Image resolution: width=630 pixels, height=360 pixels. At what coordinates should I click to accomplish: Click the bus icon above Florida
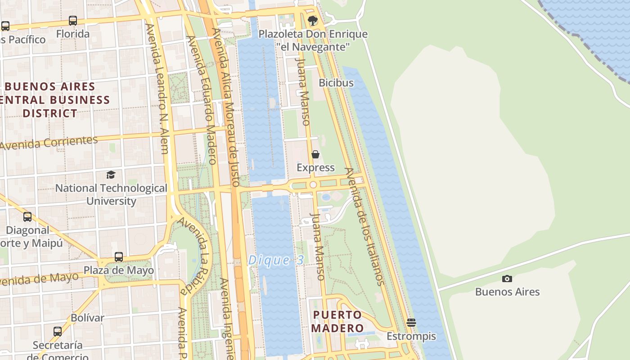[x=73, y=20]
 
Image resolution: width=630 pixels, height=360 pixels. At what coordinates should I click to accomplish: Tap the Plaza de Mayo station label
[x=119, y=270]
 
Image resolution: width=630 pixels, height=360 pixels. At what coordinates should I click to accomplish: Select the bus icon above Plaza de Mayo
[x=119, y=257]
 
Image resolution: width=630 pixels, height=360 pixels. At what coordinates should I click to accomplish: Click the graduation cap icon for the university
[x=111, y=175]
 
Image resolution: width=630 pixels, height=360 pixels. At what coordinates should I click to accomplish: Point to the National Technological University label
[x=111, y=194]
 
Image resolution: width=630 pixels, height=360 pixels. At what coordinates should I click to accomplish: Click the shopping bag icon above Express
[x=315, y=154]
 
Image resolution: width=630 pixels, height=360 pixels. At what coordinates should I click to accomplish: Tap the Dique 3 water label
[x=276, y=260]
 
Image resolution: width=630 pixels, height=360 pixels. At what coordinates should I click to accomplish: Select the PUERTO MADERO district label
[x=337, y=321]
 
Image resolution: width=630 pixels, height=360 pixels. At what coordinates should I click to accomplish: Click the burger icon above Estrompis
[x=411, y=323]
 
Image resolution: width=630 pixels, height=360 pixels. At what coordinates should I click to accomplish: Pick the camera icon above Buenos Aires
[x=507, y=279]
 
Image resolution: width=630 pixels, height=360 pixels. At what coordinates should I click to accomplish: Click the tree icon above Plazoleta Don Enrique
[x=312, y=20]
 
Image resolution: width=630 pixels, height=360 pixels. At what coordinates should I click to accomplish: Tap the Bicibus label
[x=336, y=83]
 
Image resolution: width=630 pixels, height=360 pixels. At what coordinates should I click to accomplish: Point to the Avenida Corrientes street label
[x=49, y=143]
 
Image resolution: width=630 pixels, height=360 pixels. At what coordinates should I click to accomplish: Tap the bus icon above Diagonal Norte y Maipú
[x=27, y=217]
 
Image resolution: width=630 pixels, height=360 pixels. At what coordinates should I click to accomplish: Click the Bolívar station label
[x=87, y=318]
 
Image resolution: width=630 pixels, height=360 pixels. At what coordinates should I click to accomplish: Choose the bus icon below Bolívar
[x=58, y=332]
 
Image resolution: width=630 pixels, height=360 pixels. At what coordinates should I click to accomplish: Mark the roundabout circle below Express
[x=313, y=184]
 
